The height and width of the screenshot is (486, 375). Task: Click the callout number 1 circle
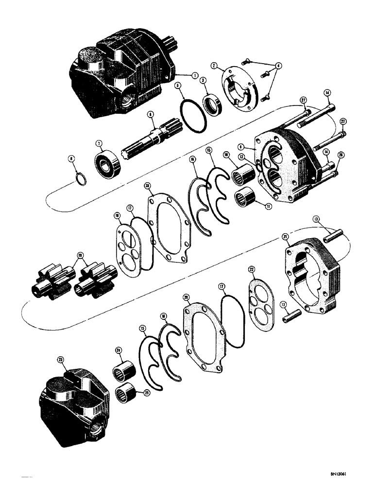pyautogui.click(x=195, y=75)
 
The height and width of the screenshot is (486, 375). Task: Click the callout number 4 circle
pyautogui.click(x=278, y=65)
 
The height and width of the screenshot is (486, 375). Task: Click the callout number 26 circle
pyautogui.click(x=340, y=155)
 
